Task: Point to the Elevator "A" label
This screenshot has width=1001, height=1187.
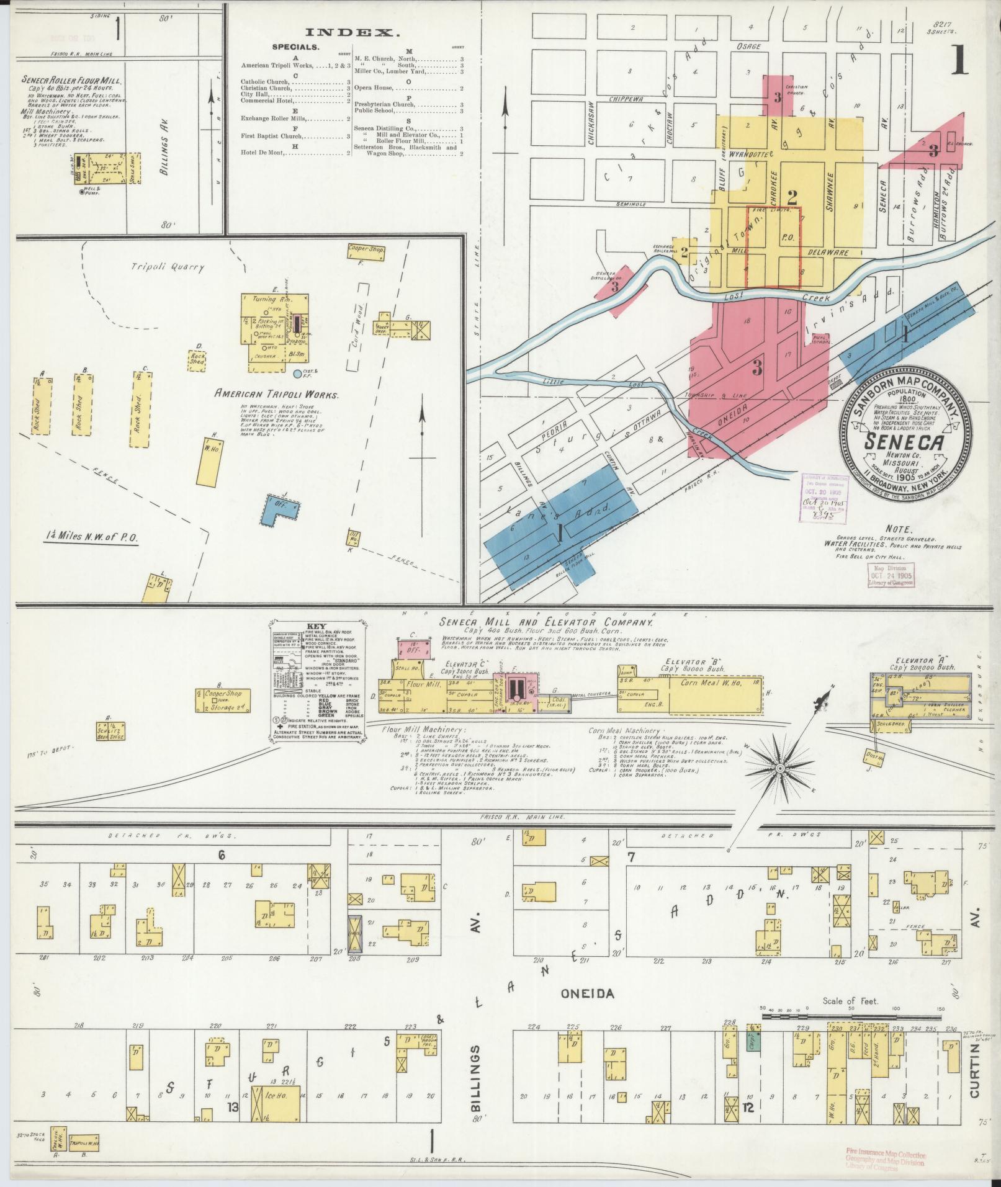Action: (x=920, y=660)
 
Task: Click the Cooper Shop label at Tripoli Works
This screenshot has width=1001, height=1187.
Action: (x=367, y=249)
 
